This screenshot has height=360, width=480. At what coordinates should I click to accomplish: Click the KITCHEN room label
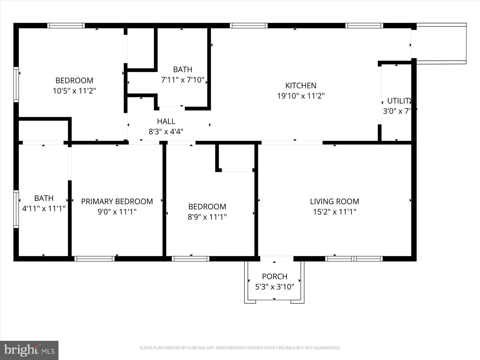click(x=301, y=85)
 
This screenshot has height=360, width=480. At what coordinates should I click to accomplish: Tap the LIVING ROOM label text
click(x=334, y=201)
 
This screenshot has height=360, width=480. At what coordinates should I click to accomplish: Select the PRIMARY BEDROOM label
click(x=117, y=201)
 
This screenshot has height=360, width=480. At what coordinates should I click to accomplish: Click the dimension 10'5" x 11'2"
click(x=74, y=91)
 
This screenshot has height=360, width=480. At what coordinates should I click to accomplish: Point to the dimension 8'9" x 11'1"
click(x=207, y=217)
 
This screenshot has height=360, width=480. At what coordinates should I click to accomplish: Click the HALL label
click(x=166, y=121)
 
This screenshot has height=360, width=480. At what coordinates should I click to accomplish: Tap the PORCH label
click(x=274, y=276)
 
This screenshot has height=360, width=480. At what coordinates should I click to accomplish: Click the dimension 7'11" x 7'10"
click(x=182, y=80)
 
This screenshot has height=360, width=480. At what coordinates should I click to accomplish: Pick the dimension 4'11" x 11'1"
click(x=44, y=208)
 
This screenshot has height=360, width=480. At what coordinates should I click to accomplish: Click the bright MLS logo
click(x=29, y=350)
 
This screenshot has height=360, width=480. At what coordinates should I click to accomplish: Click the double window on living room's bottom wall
click(x=354, y=259)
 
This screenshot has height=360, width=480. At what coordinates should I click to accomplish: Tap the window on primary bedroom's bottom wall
click(x=94, y=259)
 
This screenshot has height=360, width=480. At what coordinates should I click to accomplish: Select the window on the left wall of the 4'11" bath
click(x=16, y=209)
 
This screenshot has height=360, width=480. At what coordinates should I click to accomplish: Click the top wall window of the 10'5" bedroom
click(x=66, y=25)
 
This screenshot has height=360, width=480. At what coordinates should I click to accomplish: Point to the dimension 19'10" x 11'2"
click(x=301, y=96)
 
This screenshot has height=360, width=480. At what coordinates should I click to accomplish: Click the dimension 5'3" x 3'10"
click(x=274, y=287)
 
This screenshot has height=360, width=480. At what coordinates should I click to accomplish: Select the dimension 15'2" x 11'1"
click(x=334, y=212)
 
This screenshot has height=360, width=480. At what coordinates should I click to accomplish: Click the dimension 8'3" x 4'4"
click(x=166, y=131)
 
